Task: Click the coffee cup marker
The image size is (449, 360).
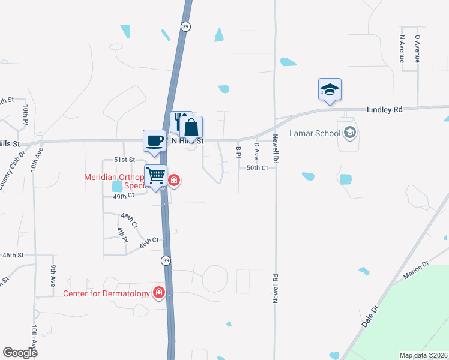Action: tap(155, 140)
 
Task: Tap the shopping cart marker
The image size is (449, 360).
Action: tap(156, 176)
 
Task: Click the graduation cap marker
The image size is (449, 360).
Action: tap(330, 89)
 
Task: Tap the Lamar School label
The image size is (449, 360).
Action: tap(315, 133)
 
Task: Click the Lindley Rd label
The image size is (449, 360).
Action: tap(384, 110)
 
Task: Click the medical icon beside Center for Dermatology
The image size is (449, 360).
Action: tap(159, 293)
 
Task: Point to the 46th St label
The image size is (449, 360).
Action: tap(13, 255)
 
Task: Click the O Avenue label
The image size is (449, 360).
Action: tap(417, 49)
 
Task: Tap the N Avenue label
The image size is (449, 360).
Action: tap(402, 49)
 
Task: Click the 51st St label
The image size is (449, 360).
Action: tap(125, 160)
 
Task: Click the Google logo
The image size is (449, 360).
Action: tap(20, 352)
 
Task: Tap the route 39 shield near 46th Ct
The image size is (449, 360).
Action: tap(165, 260)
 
